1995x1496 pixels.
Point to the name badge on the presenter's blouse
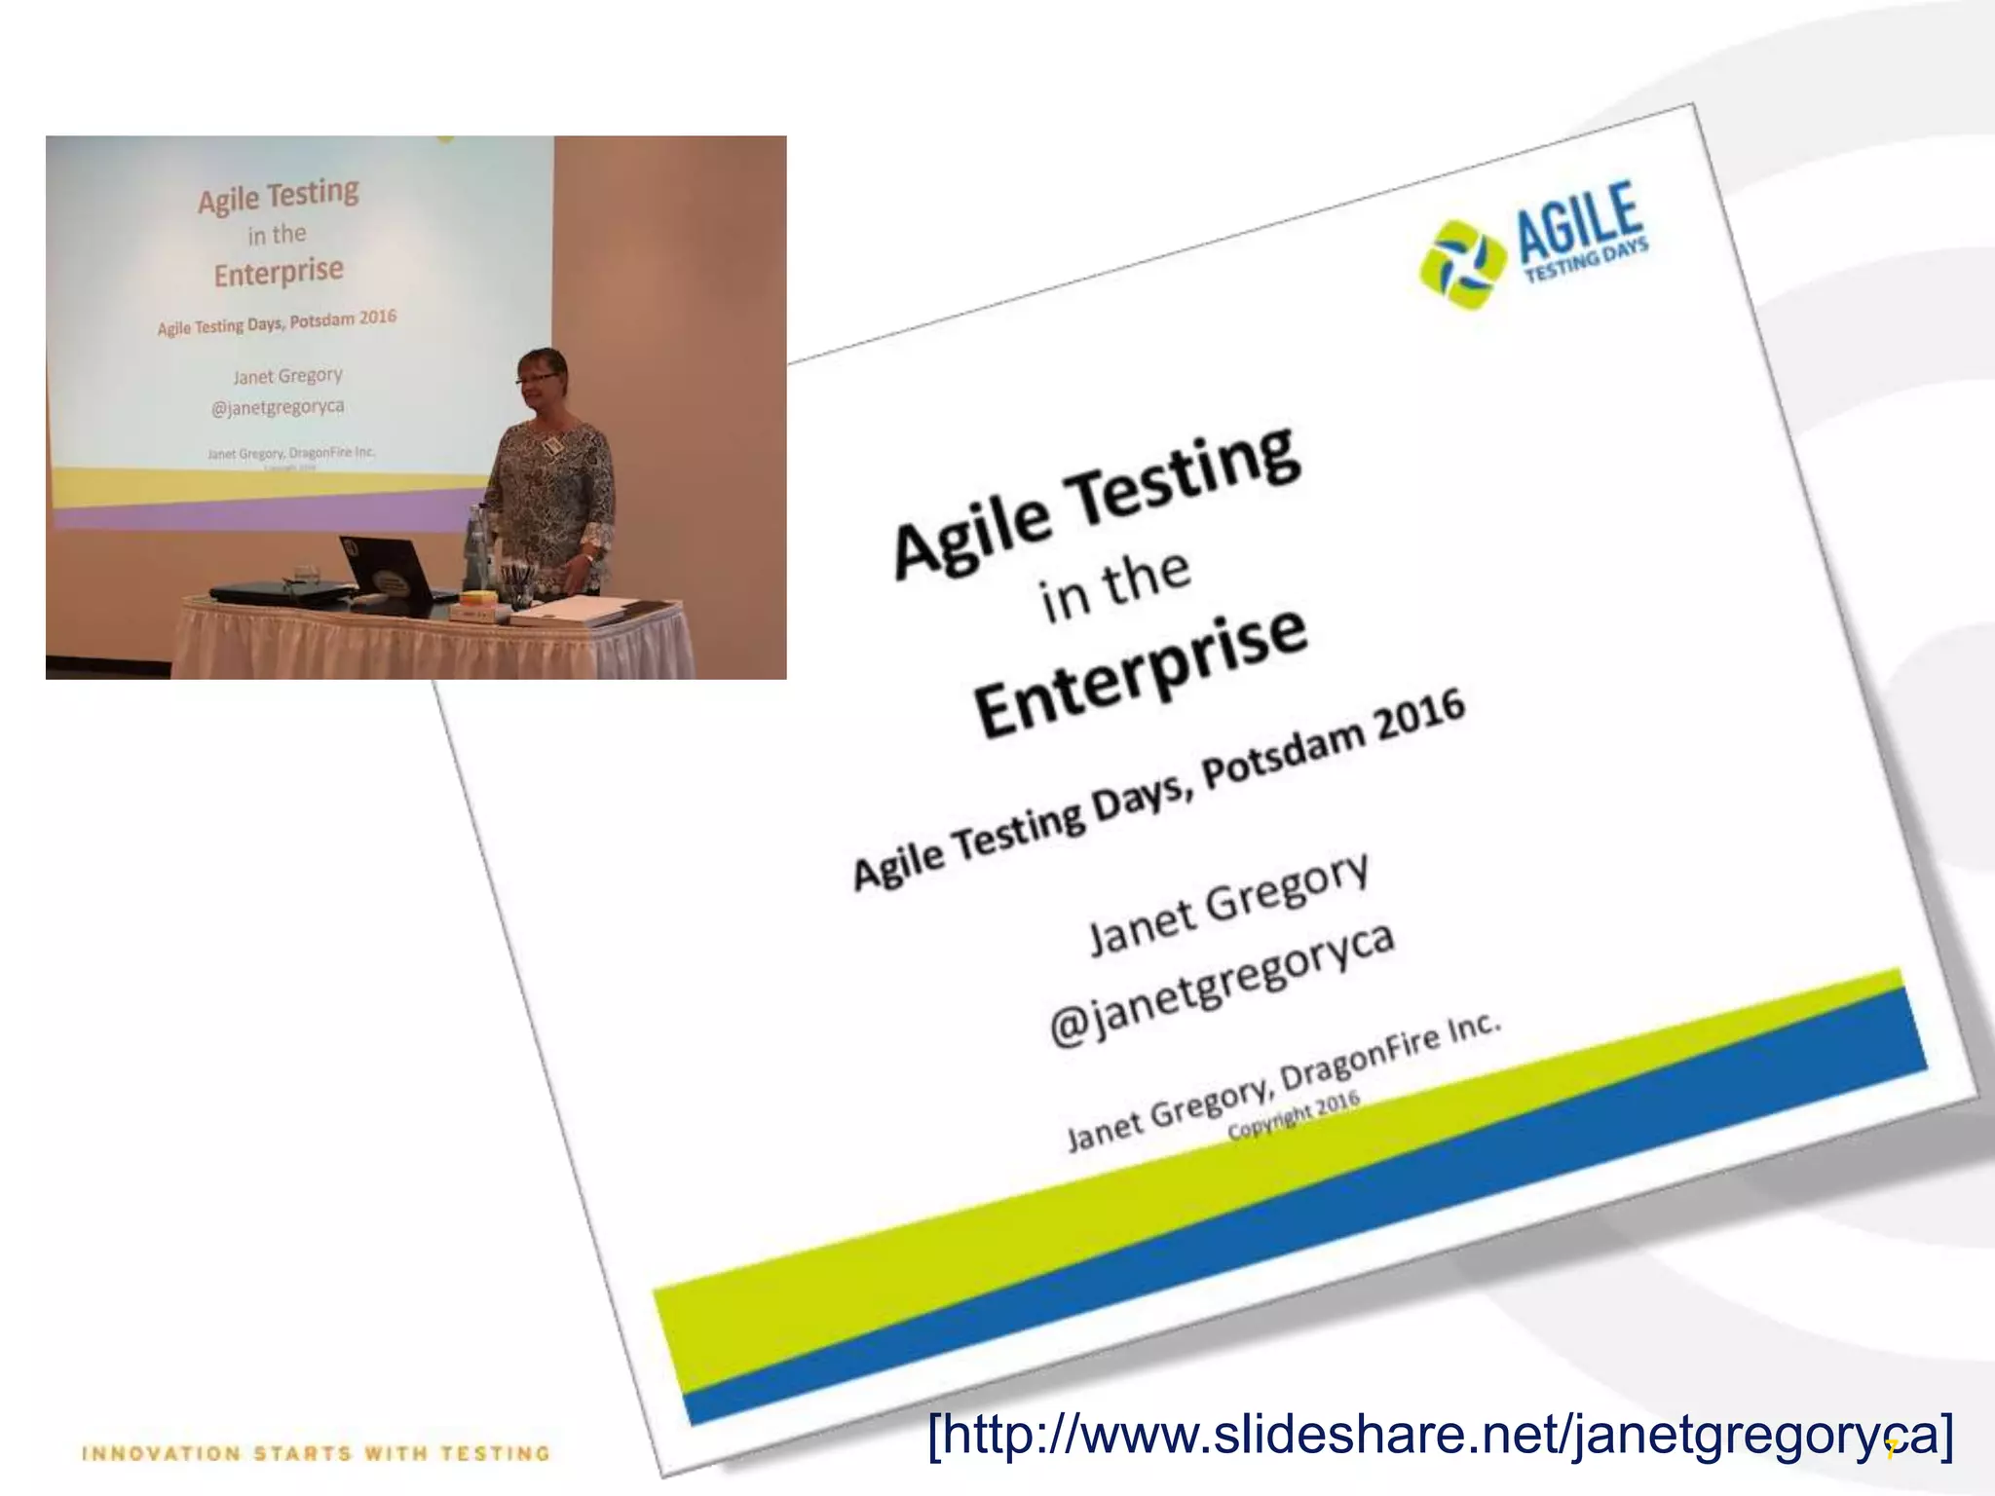554,445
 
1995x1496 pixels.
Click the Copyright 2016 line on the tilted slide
1293,1115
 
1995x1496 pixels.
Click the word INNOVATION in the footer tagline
161,1454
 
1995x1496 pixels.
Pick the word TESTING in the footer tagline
495,1454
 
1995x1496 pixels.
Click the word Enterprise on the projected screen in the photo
279,272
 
